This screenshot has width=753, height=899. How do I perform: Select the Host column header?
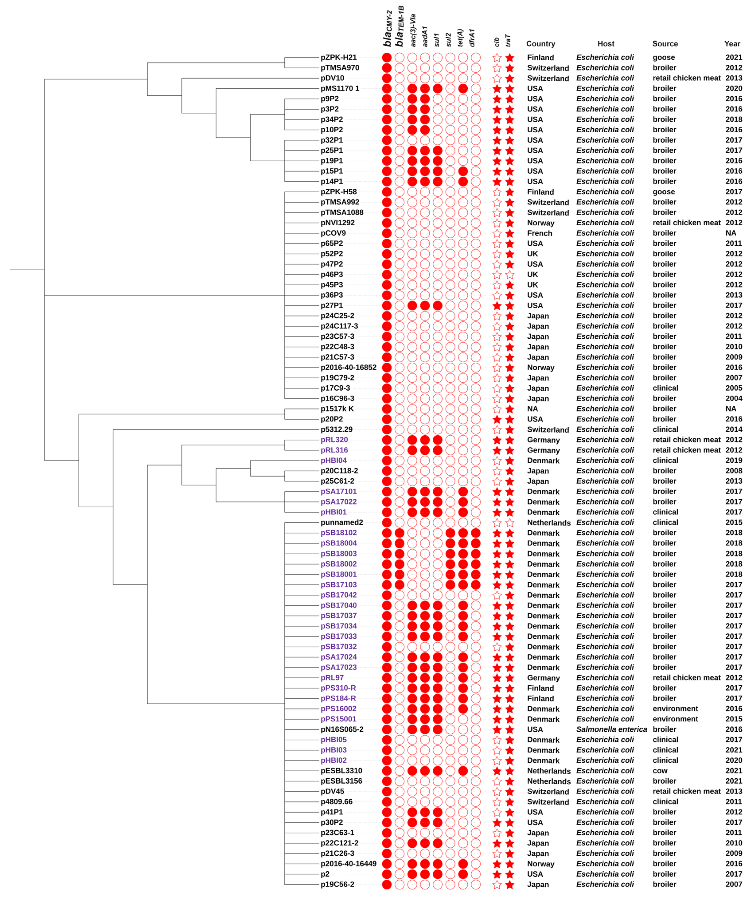click(x=606, y=44)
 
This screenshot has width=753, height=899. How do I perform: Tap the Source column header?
click(x=665, y=44)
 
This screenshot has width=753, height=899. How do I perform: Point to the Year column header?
click(x=732, y=44)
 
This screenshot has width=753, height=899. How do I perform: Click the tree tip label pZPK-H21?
click(x=338, y=57)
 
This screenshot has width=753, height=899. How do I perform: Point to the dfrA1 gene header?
click(x=472, y=38)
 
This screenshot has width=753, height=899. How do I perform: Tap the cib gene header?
click(x=496, y=42)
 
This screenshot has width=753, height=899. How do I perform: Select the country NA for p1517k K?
click(x=532, y=409)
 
